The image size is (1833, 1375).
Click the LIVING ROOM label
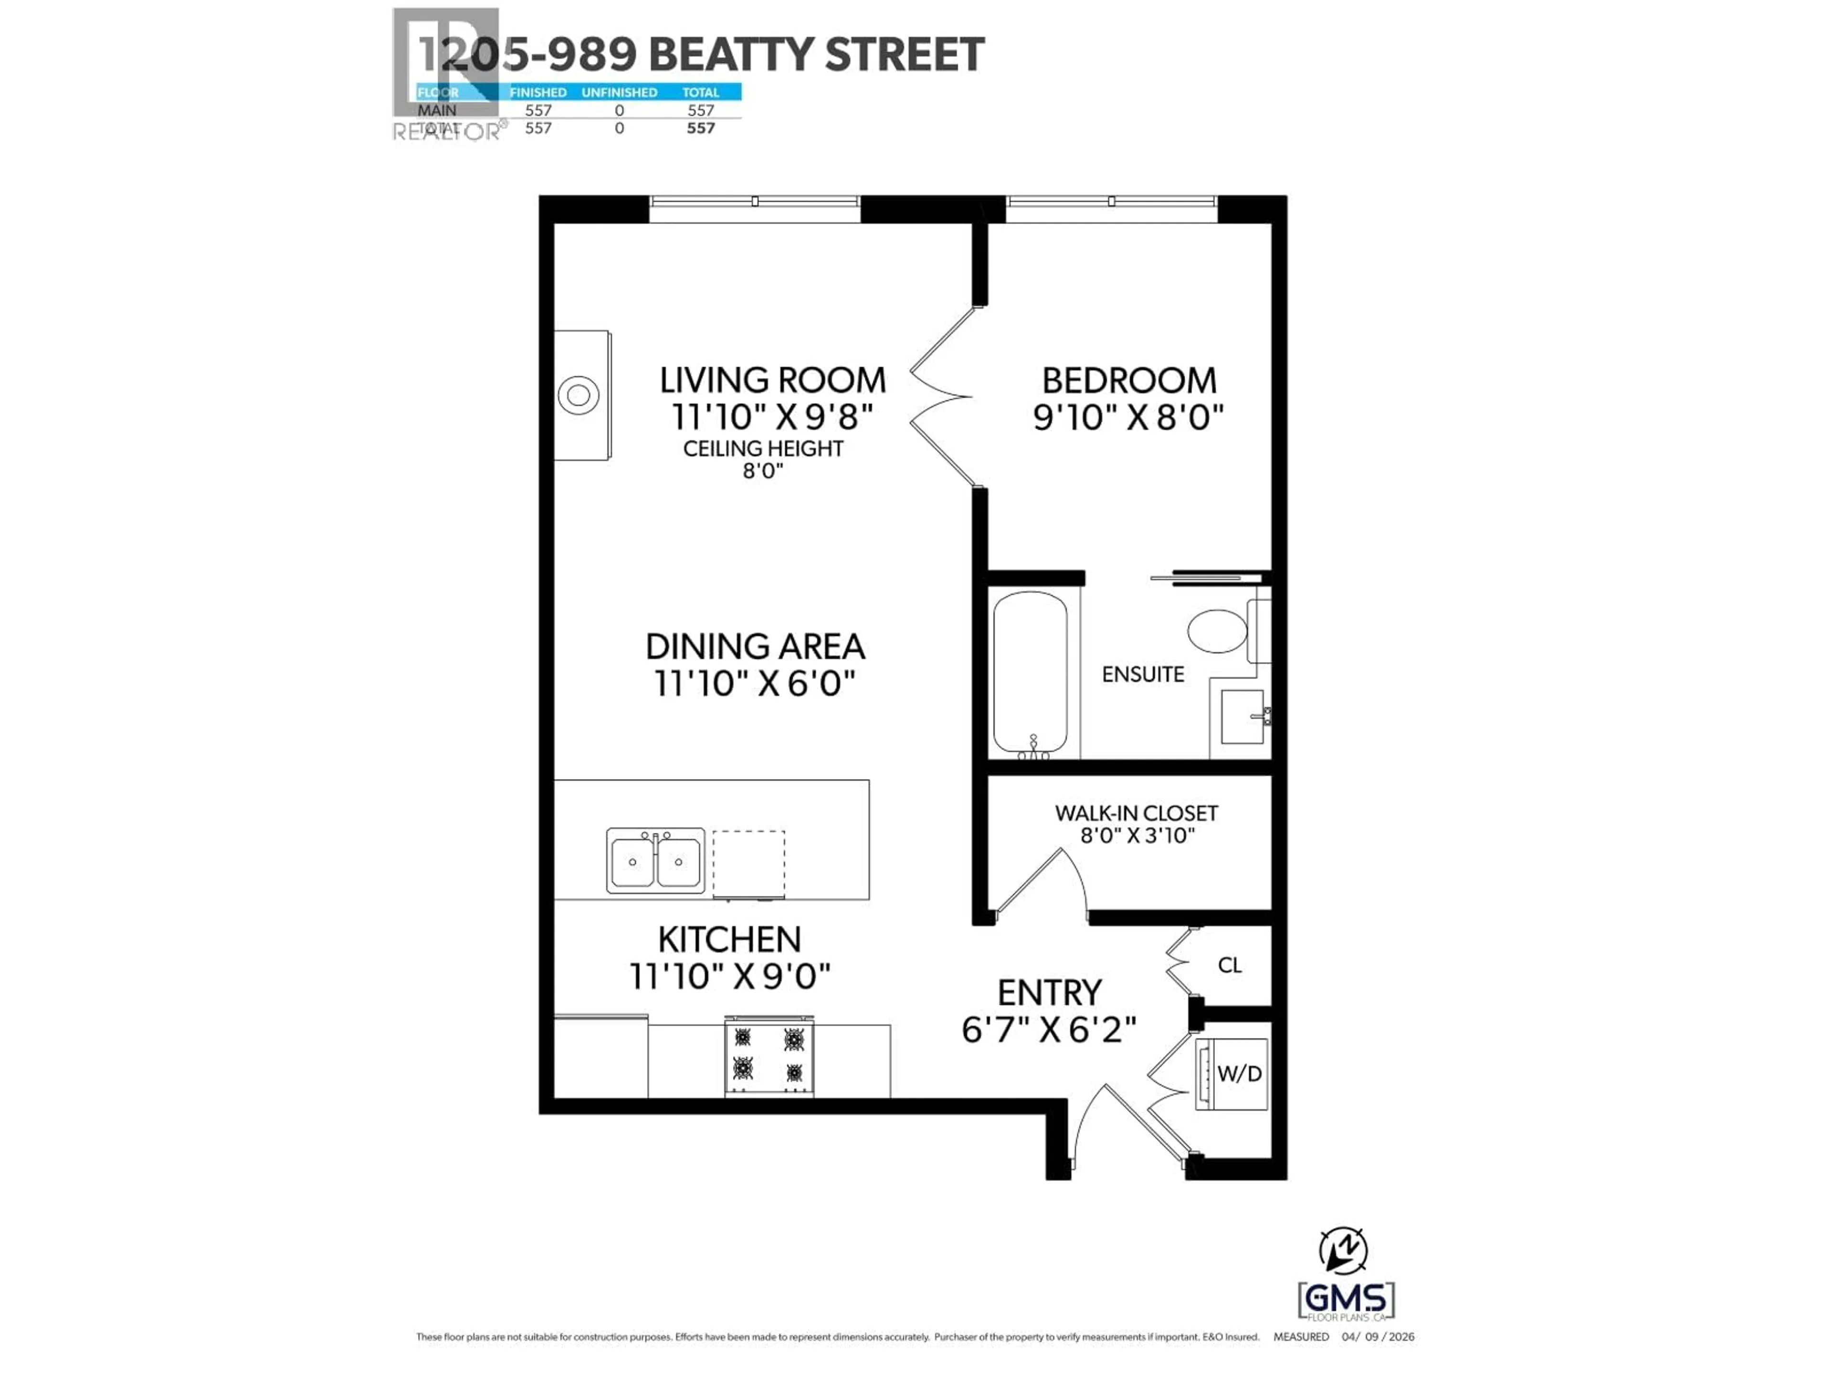click(x=772, y=381)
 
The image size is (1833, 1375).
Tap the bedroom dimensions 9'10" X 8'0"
click(x=1128, y=417)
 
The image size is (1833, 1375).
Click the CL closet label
click(x=1230, y=965)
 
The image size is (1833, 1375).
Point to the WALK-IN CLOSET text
click(x=1136, y=813)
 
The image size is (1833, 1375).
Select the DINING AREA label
click(x=755, y=646)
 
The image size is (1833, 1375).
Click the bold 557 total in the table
click(x=700, y=127)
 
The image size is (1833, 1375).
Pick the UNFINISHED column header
click(x=619, y=92)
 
